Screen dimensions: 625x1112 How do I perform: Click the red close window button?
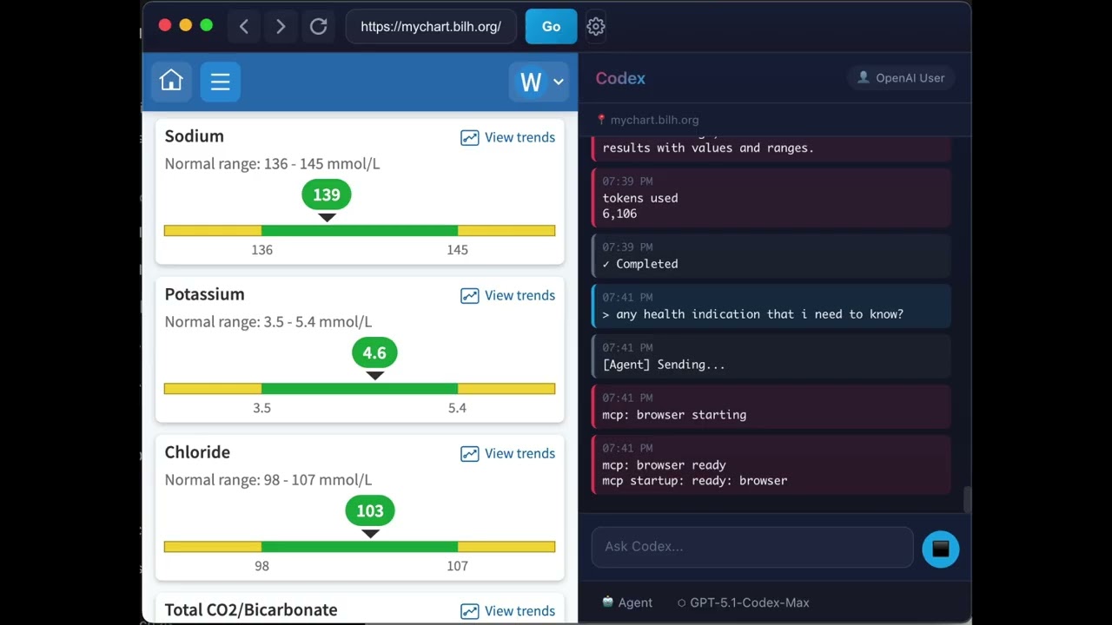pos(165,26)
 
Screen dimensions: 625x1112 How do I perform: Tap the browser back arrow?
pos(244,27)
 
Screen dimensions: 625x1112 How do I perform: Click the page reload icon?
pos(318,27)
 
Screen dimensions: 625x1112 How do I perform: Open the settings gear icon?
pos(595,27)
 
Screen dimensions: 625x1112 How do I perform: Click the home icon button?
pos(171,82)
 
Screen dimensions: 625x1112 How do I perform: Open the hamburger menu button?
pos(220,82)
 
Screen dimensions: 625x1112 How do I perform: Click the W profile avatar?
pos(531,82)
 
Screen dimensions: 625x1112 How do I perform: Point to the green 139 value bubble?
pos(327,194)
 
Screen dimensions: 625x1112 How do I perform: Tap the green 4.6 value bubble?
pos(374,352)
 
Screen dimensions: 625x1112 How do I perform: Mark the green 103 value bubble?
pos(370,510)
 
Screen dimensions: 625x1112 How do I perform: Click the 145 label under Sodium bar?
pos(457,250)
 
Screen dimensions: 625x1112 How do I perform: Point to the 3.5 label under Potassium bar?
pos(261,408)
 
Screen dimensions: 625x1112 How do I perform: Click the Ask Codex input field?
pos(751,546)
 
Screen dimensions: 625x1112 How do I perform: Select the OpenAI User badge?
pos(901,78)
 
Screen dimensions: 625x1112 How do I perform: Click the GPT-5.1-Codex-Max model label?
pos(749,602)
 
